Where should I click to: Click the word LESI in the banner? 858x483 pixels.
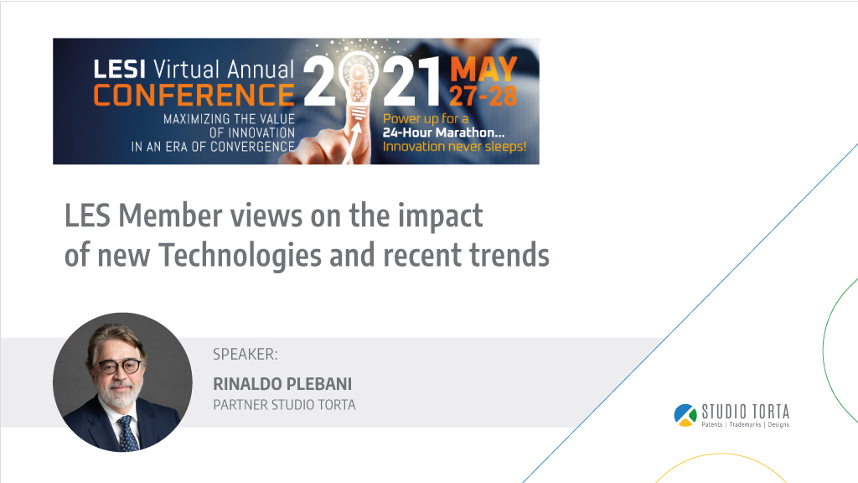119,70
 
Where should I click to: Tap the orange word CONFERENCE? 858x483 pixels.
194,96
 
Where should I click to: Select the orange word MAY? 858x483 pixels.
483,70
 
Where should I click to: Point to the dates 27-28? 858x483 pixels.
483,96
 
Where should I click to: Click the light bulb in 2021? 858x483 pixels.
359,82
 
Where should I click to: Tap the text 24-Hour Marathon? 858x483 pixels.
444,132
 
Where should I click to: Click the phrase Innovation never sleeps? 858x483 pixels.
454,147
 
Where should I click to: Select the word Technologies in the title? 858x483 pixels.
240,256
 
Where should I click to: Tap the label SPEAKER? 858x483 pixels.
246,355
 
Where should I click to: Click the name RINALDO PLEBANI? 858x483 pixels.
282,384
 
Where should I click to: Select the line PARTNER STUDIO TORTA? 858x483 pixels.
284,405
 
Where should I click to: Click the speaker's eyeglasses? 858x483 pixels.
119,366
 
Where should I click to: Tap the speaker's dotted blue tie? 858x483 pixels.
128,434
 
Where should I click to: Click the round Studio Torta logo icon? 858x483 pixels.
685,415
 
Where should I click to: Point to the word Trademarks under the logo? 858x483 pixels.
745,424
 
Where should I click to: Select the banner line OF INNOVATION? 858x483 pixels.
251,133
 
